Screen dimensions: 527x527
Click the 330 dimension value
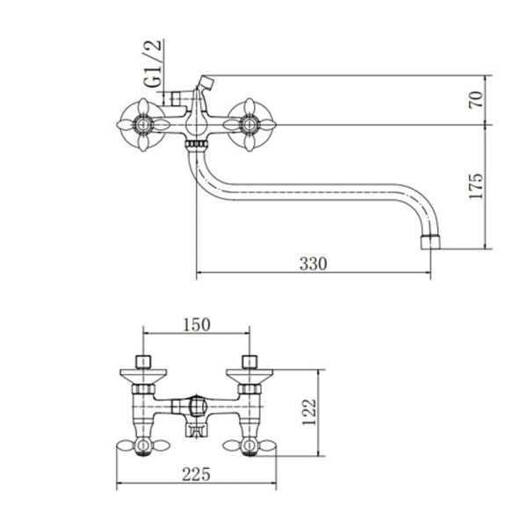pos(313,263)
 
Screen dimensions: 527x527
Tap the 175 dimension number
pos(476,186)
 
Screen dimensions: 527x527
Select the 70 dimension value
pos(476,99)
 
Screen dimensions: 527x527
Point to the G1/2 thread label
pos(154,63)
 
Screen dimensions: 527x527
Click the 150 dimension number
pos(197,324)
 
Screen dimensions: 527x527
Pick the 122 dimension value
pos(309,412)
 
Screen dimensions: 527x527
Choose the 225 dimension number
pos(196,474)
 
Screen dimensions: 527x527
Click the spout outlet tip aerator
pos(430,242)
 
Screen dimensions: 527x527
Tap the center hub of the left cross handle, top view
pos(143,125)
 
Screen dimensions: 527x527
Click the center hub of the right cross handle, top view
pos(249,125)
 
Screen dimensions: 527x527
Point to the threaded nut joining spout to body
pos(196,145)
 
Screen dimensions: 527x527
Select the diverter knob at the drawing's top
pos(206,83)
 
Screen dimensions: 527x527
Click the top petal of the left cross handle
pos(143,106)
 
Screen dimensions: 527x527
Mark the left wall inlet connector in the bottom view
pos(143,362)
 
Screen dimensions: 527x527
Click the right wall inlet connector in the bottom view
pos(249,362)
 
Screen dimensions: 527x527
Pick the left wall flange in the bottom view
pos(143,376)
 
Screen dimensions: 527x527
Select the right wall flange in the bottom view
pos(249,376)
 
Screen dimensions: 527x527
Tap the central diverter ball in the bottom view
pos(197,407)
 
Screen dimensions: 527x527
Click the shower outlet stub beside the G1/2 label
pos(176,98)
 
